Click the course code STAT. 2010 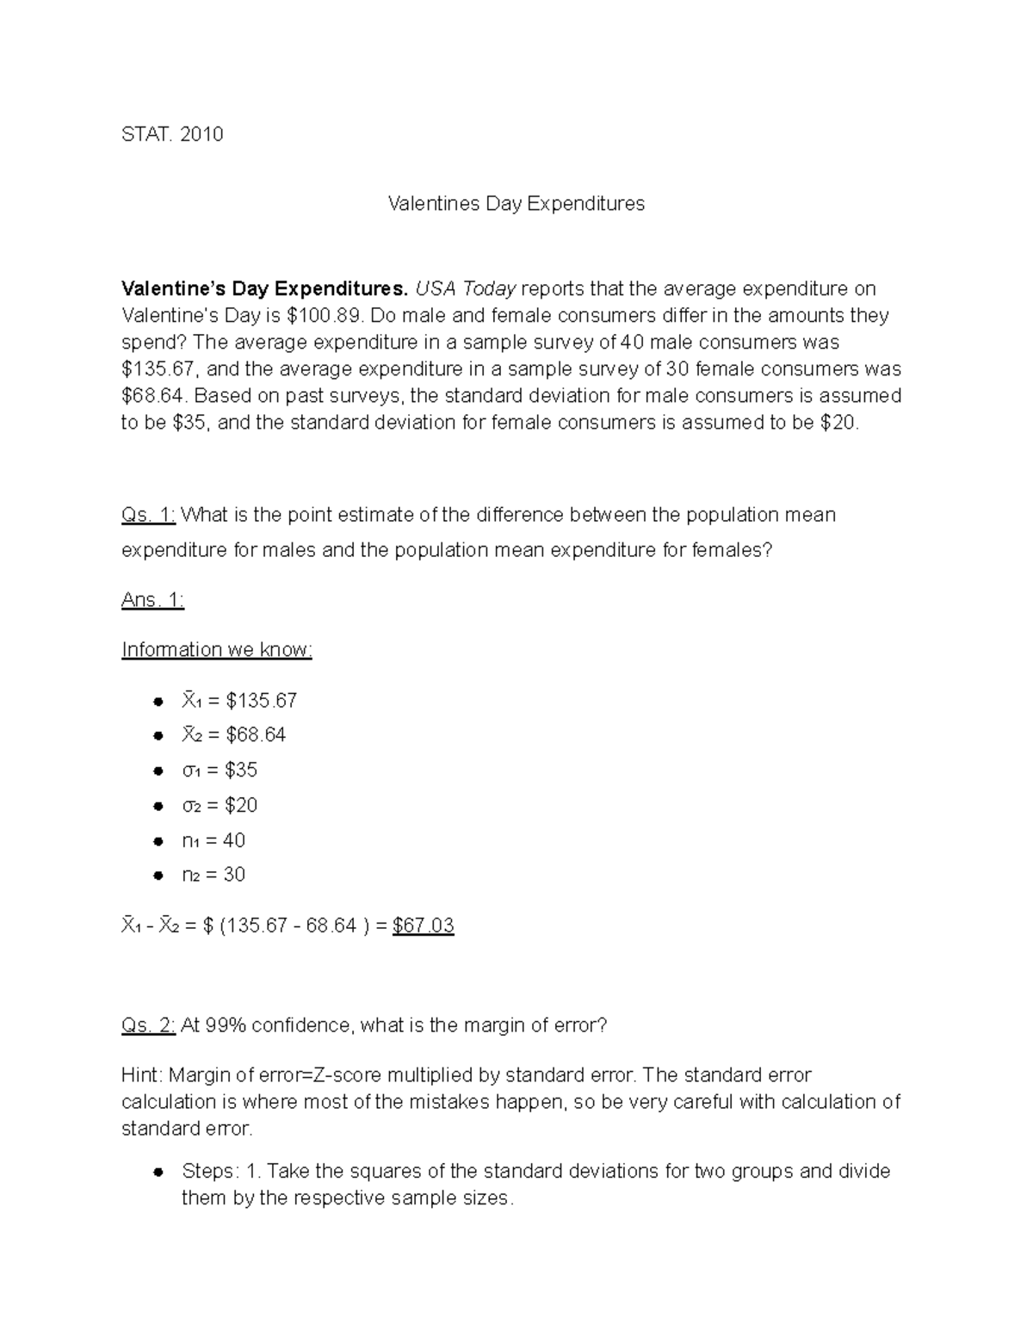(172, 134)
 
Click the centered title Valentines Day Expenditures (516, 204)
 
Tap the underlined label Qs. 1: (149, 515)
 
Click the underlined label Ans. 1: (152, 600)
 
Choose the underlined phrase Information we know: (216, 649)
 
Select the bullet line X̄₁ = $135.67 (239, 701)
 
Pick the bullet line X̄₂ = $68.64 (233, 735)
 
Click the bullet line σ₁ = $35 (220, 770)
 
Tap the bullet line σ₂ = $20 (220, 805)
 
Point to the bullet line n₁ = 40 (213, 840)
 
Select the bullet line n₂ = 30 (213, 875)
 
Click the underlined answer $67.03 (423, 925)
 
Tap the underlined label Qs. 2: (149, 1025)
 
